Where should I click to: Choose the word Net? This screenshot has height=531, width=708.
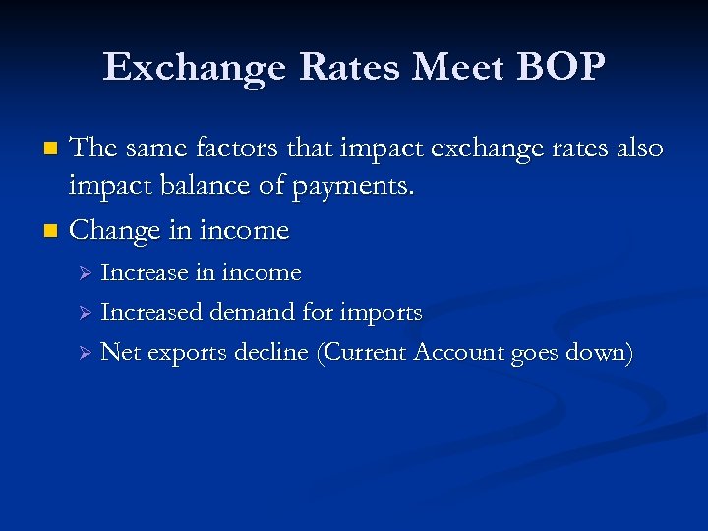pos(121,353)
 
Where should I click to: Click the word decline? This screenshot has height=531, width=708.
pos(271,353)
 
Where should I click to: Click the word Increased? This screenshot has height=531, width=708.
pos(148,313)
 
